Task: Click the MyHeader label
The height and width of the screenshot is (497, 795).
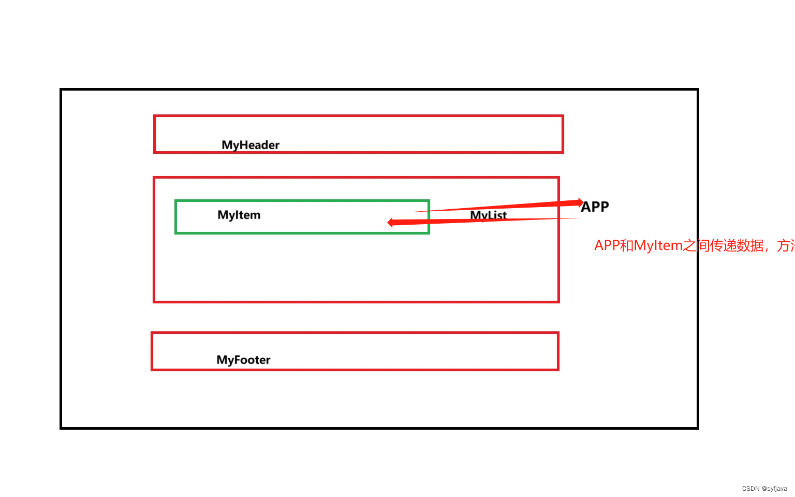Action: (251, 145)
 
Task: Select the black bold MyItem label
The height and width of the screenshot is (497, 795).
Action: (239, 215)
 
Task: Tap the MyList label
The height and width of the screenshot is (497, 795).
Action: (488, 215)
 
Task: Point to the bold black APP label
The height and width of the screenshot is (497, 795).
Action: (595, 207)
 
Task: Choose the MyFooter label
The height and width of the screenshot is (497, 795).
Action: (243, 360)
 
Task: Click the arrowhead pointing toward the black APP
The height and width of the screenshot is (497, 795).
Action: (580, 202)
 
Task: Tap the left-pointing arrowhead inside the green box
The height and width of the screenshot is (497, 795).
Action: (391, 222)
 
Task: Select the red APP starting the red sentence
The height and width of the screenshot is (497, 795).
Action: (607, 245)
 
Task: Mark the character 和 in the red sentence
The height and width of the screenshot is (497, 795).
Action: (627, 245)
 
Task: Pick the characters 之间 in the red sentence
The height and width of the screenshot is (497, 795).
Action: (696, 245)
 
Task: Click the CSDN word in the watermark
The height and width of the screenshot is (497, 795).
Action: (750, 489)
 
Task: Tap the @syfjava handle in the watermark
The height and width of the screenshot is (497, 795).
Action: (774, 489)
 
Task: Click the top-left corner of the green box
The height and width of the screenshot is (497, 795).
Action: (176, 201)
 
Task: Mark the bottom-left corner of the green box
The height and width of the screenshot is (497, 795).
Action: (176, 233)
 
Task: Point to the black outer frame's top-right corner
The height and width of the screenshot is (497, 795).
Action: (698, 90)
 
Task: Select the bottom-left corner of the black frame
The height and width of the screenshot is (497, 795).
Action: (61, 428)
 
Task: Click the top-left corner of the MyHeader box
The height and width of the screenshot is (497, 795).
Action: (155, 116)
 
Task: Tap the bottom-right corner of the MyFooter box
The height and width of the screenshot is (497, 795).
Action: (558, 370)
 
